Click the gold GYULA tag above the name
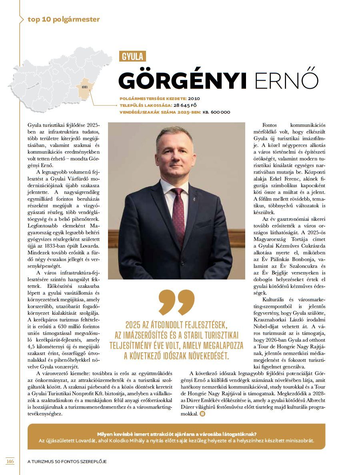(x=132, y=56)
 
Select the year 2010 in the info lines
(x=194, y=98)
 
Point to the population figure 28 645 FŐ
(x=185, y=105)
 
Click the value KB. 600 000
(x=216, y=112)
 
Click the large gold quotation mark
(x=176, y=302)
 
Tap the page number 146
(x=10, y=461)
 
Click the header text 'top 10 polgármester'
(x=64, y=19)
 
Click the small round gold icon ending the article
(x=202, y=414)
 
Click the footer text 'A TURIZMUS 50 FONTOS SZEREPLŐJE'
(x=67, y=461)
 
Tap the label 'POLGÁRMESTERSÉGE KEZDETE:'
(x=153, y=98)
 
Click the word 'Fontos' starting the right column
(x=270, y=125)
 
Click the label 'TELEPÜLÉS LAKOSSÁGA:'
(x=146, y=105)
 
